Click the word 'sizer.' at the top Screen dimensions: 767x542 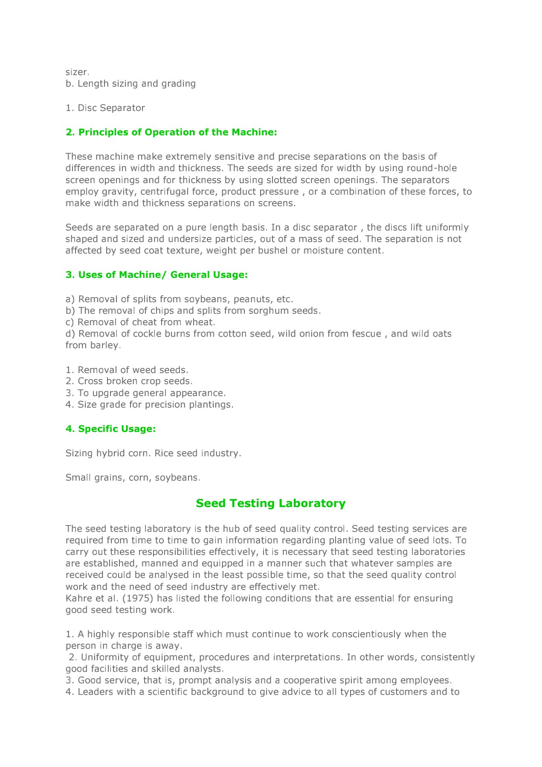click(x=77, y=72)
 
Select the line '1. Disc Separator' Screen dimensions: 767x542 click(x=105, y=108)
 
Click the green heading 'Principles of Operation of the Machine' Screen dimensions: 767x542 click(x=171, y=132)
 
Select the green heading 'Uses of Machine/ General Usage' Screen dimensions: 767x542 click(x=157, y=275)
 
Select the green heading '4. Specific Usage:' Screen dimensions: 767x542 click(x=110, y=429)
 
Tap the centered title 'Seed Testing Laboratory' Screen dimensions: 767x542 click(x=271, y=503)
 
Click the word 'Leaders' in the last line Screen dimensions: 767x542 click(x=94, y=692)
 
